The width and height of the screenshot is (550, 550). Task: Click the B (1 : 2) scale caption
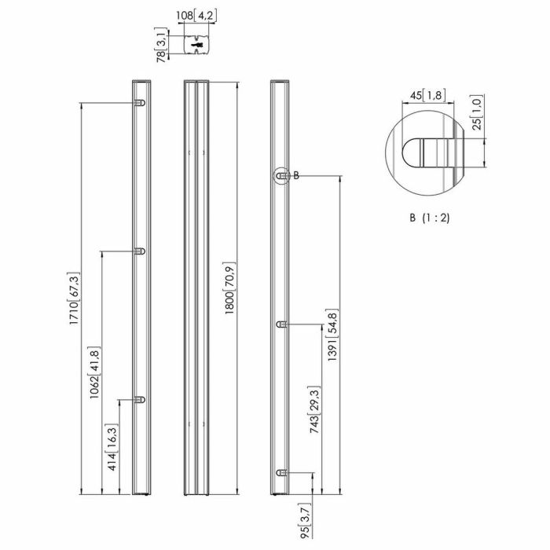tap(428, 218)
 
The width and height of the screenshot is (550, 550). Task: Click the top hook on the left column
tap(141, 104)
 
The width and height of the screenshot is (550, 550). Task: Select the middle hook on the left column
tap(141, 251)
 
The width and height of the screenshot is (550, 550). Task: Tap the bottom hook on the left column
tap(141, 400)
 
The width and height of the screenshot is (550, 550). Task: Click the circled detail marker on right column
tap(280, 176)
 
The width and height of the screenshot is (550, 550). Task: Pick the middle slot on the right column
tap(281, 324)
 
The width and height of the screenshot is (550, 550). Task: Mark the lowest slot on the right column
tap(281, 471)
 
